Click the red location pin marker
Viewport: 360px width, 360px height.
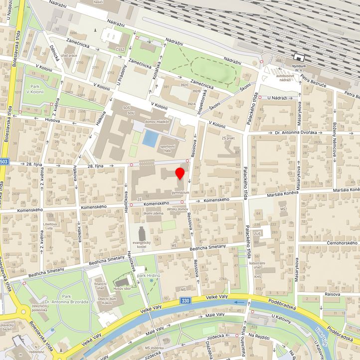(180, 174)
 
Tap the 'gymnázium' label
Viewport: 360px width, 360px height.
(180, 192)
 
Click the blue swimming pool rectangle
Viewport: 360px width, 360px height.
(149, 138)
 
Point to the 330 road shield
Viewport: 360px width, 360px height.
(185, 301)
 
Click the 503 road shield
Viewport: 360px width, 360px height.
(4, 162)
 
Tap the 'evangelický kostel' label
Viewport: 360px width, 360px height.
(142, 244)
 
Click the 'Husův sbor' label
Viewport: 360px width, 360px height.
(123, 288)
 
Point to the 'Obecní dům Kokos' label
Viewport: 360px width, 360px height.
(107, 300)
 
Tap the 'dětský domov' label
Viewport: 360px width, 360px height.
(177, 209)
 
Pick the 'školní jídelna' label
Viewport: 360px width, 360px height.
(154, 213)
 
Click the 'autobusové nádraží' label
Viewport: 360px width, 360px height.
(285, 77)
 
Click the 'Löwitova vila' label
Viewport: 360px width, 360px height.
(51, 227)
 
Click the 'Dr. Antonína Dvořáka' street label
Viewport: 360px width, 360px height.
(296, 133)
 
